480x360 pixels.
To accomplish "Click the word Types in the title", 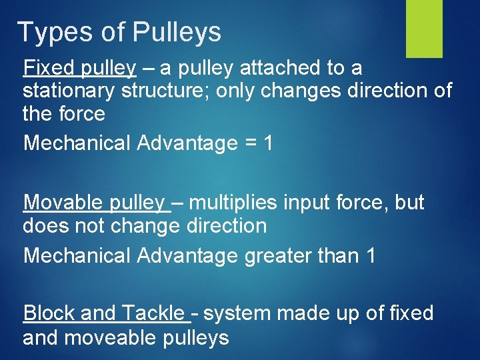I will (50, 32).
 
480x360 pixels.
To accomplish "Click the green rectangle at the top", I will (424, 28).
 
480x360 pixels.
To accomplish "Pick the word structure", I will (173, 91).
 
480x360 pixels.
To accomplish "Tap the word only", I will (236, 91).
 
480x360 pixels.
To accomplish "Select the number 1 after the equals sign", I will (267, 143).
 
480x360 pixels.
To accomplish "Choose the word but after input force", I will (409, 202).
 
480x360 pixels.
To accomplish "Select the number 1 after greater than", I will (371, 255).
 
